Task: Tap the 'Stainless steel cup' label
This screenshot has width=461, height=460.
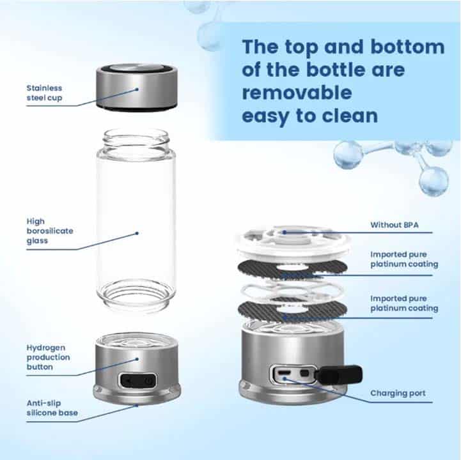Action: (x=44, y=93)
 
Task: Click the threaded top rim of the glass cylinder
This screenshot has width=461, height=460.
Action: (x=136, y=136)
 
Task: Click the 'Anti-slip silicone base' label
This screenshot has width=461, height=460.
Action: (x=52, y=408)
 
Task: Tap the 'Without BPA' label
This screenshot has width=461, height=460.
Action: (x=395, y=225)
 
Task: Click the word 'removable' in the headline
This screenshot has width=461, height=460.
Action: (x=297, y=92)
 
